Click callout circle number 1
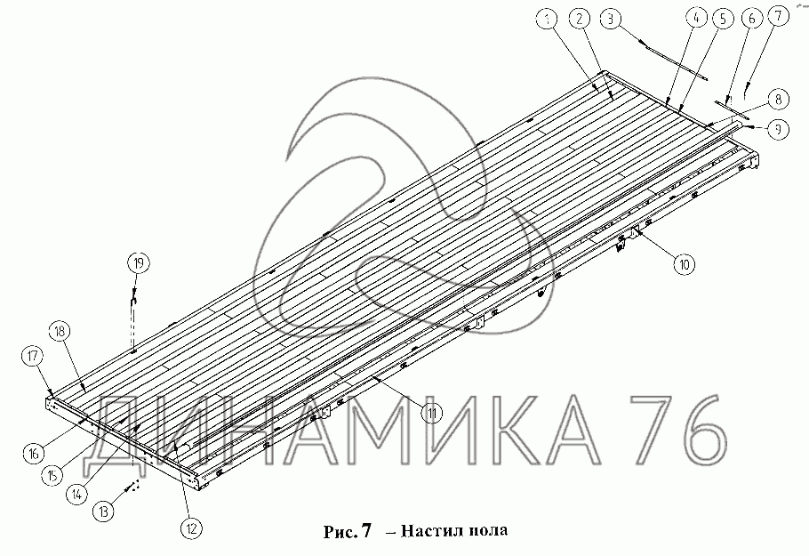548,20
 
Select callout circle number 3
611,20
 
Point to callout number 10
684,265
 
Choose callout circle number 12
191,528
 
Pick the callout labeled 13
104,512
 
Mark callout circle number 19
139,263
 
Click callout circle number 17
33,356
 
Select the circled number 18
60,332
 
